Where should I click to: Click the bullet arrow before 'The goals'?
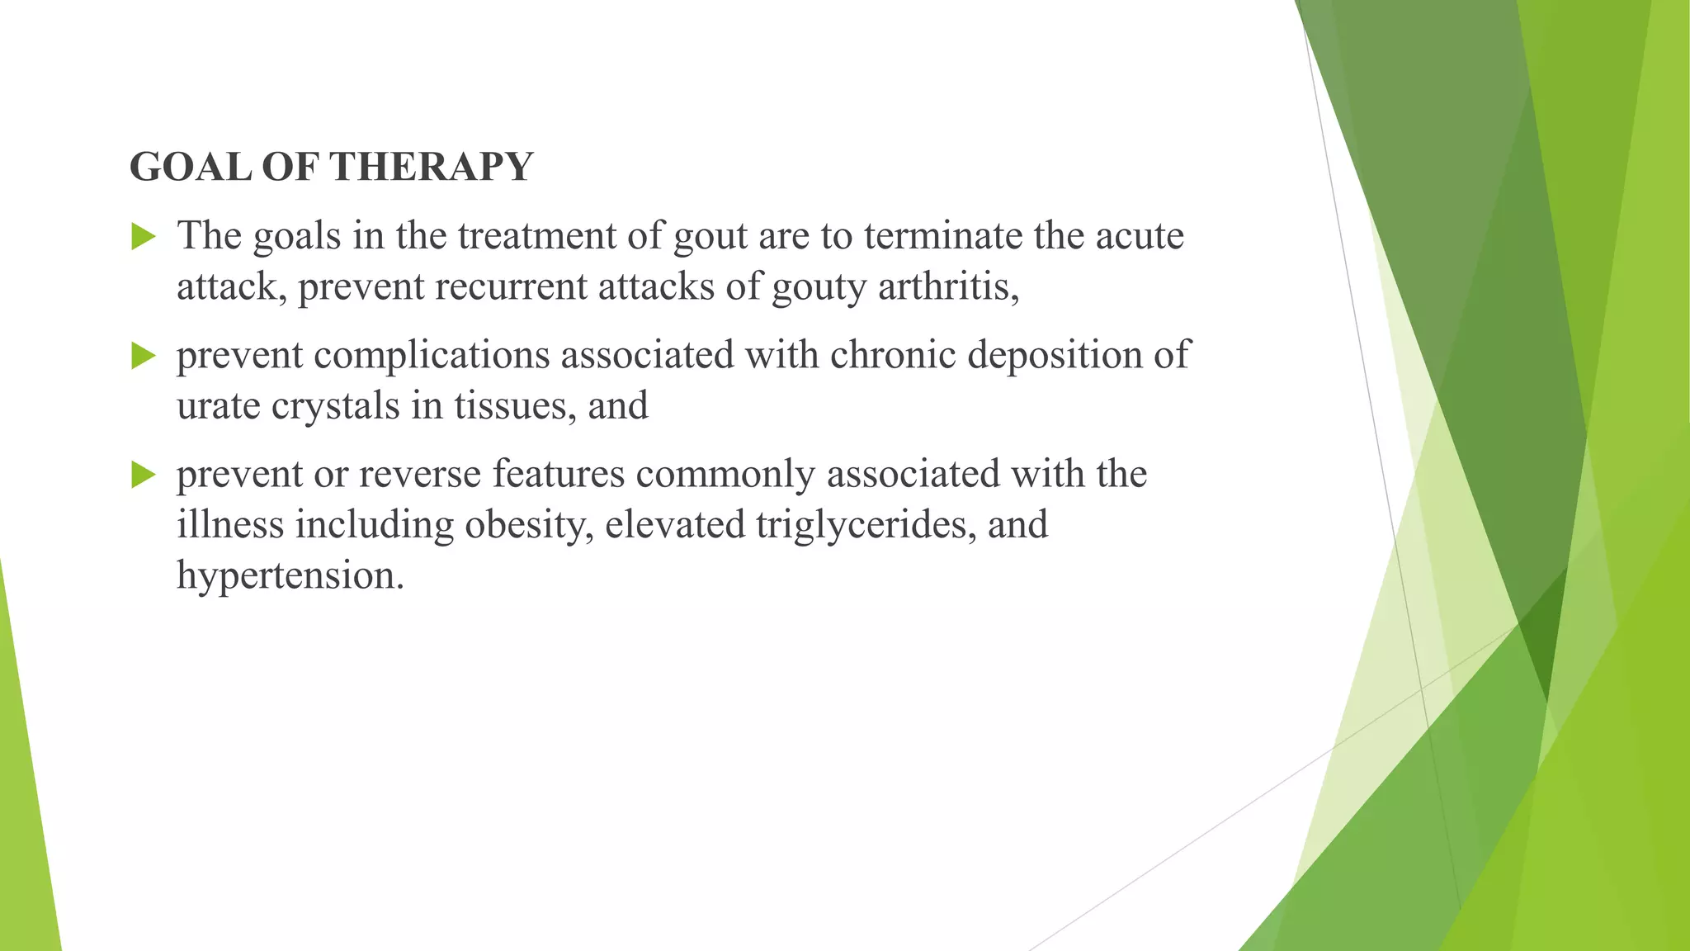pyautogui.click(x=144, y=238)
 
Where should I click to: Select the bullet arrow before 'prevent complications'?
pyautogui.click(x=144, y=357)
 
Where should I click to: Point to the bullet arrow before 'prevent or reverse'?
pyautogui.click(x=144, y=475)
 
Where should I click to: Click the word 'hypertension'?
pyautogui.click(x=290, y=576)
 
